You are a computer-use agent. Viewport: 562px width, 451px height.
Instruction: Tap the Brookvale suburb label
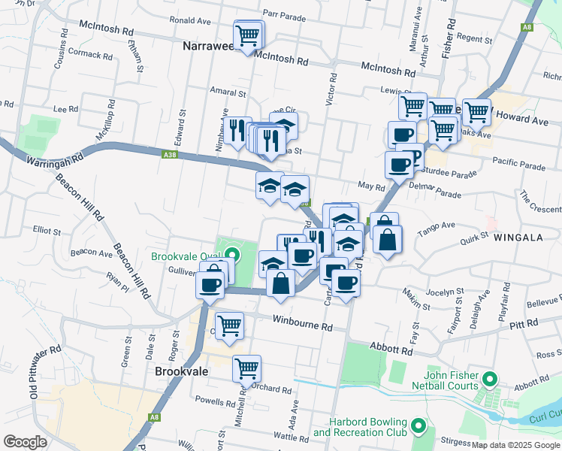(181, 371)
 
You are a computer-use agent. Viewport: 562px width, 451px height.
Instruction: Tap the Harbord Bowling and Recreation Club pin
(419, 428)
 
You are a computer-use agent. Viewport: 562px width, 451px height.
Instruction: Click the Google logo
(26, 442)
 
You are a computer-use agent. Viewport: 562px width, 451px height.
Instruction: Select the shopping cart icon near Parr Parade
(248, 34)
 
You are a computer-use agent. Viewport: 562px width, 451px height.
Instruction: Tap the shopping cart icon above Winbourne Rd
(229, 325)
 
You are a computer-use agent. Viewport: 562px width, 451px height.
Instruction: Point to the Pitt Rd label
(523, 324)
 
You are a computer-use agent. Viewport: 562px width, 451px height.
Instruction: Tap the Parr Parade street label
(285, 16)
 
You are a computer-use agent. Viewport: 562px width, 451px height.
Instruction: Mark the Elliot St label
(47, 231)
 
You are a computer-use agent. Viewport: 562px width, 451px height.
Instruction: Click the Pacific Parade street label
(518, 162)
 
